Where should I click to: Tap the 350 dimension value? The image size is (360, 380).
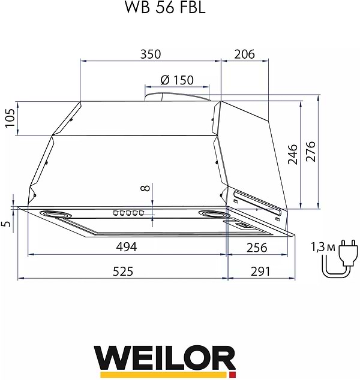tap(150, 54)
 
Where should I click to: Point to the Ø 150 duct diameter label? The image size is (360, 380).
tap(177, 80)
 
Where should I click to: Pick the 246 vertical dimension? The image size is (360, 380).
tap(292, 154)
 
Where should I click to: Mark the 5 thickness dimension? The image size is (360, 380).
tap(7, 224)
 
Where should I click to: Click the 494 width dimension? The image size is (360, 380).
tap(127, 247)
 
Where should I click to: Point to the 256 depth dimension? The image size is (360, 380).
tap(256, 247)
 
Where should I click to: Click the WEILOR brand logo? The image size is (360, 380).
tap(164, 360)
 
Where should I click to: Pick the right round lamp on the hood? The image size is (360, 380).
tap(213, 215)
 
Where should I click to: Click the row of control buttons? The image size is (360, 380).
tap(128, 213)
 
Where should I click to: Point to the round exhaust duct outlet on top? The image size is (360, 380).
tap(177, 94)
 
